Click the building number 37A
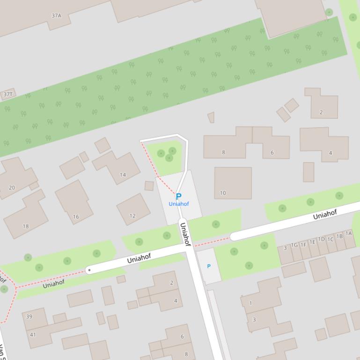(x=56, y=15)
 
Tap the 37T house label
(x=8, y=94)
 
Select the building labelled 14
(x=123, y=174)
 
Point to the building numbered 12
(x=132, y=216)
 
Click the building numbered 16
(x=76, y=216)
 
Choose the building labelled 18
(x=26, y=226)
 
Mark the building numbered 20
(x=12, y=187)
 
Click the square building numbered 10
(x=223, y=193)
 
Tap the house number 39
(x=29, y=317)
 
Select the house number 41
(x=32, y=334)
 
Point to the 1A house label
(x=348, y=233)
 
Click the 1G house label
(x=294, y=245)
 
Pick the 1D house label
(x=321, y=239)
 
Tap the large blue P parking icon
(x=178, y=197)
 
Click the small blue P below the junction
(x=209, y=266)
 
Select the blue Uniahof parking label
(x=179, y=204)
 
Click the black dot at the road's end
(x=89, y=270)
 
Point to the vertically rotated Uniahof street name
(x=185, y=234)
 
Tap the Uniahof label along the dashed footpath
(x=53, y=283)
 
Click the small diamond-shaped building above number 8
(x=211, y=117)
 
